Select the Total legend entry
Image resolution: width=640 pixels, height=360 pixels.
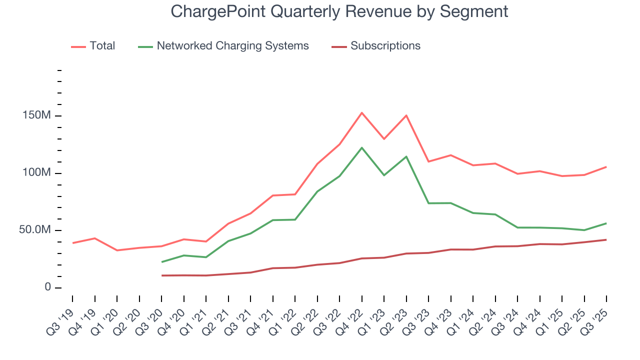tap(102, 46)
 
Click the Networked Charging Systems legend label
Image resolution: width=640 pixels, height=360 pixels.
tap(232, 46)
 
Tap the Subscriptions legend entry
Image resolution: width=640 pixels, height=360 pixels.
tap(385, 46)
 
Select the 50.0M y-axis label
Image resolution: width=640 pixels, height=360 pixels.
tap(35, 230)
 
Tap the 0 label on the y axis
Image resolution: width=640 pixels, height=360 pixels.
tap(47, 287)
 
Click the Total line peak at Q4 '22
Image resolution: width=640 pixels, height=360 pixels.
tap(361, 112)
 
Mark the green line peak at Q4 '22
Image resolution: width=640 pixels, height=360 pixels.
tap(361, 147)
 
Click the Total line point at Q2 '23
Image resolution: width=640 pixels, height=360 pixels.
tap(406, 115)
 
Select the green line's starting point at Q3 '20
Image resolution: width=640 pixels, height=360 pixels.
tap(161, 262)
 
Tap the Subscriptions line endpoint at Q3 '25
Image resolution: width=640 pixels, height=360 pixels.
tap(606, 239)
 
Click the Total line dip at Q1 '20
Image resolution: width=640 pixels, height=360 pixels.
tap(117, 250)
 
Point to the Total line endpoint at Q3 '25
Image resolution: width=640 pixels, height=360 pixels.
tap(606, 166)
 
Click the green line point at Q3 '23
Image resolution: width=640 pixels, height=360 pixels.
tap(428, 203)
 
